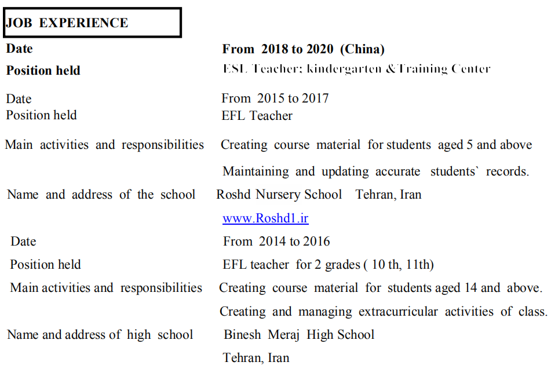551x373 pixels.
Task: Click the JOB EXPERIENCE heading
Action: coord(67,23)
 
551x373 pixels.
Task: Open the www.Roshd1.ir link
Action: coord(265,218)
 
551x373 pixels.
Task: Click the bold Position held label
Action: coord(43,71)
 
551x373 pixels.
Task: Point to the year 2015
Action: coord(271,98)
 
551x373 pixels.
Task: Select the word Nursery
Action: coord(280,195)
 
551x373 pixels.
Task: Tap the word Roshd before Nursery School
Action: coord(234,195)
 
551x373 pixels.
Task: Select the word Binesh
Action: coord(242,335)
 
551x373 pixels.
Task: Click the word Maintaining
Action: coord(256,171)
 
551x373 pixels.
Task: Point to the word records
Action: coord(507,171)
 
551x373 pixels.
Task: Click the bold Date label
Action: coord(19,49)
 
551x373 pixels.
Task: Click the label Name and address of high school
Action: coord(100,335)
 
